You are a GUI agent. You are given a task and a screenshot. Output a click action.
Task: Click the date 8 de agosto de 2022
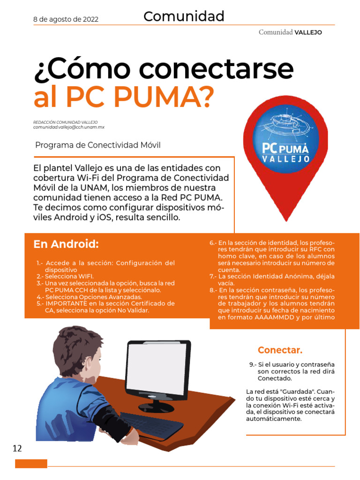(x=66, y=19)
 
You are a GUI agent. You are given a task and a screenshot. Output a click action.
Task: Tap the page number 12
(x=17, y=449)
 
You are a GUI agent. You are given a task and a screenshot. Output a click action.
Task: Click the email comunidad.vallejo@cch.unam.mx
(x=68, y=127)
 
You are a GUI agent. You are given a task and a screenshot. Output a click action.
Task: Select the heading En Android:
(x=66, y=244)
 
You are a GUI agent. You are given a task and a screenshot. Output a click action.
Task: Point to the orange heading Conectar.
(x=280, y=350)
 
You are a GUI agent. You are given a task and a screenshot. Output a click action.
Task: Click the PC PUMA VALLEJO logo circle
(x=285, y=139)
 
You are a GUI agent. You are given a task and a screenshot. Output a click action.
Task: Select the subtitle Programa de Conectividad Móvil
(x=98, y=145)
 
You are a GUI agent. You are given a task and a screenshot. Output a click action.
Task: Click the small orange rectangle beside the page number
(x=31, y=464)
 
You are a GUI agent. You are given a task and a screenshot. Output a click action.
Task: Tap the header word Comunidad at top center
(x=184, y=17)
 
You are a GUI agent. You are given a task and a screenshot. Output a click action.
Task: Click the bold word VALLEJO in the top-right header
(x=308, y=32)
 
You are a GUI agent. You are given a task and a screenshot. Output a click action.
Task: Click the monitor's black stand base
(x=157, y=406)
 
